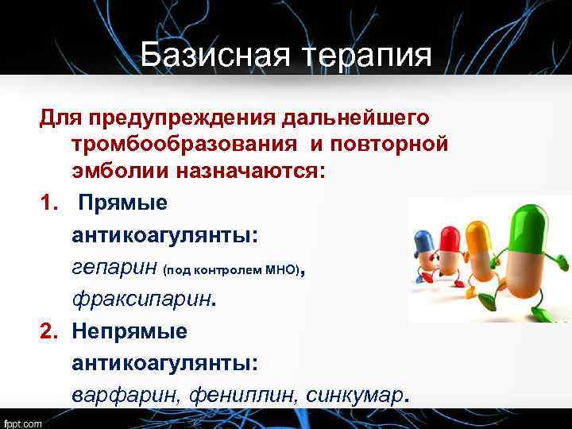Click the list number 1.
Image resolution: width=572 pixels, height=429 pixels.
(49, 203)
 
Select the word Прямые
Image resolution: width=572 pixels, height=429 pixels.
(123, 203)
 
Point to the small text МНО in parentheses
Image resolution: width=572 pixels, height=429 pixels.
(282, 272)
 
